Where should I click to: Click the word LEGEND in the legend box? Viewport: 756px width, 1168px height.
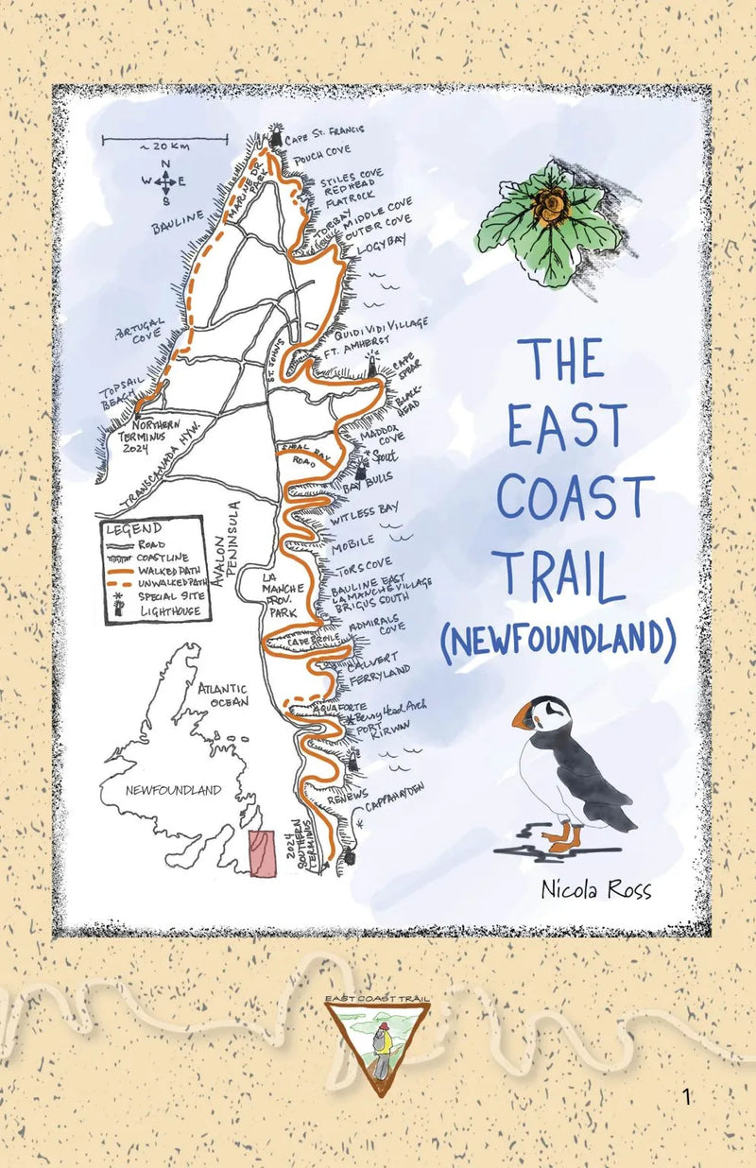coord(133,528)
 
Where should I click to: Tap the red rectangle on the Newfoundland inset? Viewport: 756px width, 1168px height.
coord(262,853)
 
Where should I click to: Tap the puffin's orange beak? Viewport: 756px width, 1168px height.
coord(522,719)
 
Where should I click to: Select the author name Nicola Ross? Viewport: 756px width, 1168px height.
coord(595,889)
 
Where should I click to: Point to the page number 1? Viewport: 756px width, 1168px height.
coord(687,1097)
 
